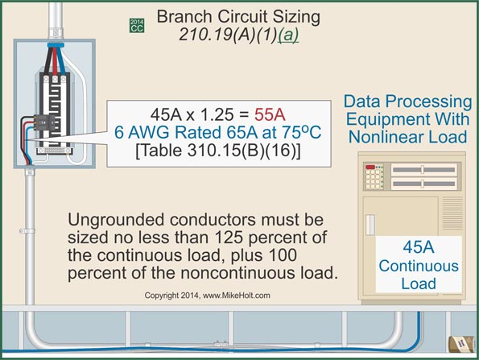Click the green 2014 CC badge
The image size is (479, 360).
coord(137,25)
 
